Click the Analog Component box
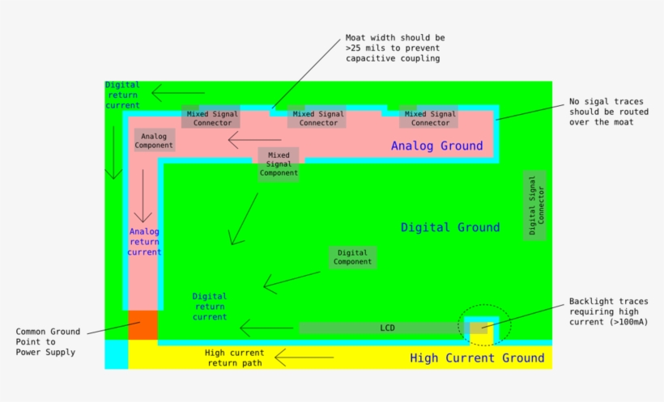(154, 141)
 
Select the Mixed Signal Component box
(279, 163)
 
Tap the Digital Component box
(352, 257)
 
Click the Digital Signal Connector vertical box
(536, 205)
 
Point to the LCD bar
(387, 328)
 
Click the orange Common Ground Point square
(143, 325)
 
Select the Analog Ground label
(436, 146)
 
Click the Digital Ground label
(450, 227)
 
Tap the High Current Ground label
(477, 358)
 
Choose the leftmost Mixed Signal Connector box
(212, 118)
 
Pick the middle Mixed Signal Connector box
(317, 118)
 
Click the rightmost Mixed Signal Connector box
(429, 118)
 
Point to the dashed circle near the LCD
(484, 326)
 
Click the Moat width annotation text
(394, 48)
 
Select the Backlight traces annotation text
(607, 311)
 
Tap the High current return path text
(234, 358)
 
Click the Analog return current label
(144, 241)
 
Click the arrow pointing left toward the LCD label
(266, 328)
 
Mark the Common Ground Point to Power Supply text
(48, 341)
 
